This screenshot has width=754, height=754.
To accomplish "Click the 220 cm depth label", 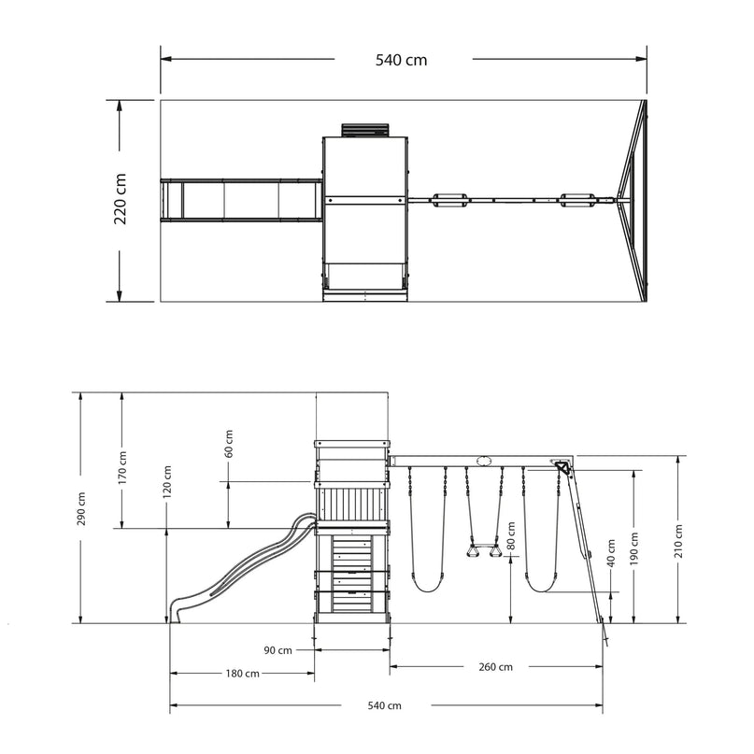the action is tap(121, 199).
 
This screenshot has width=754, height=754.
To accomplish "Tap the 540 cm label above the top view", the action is tap(401, 60).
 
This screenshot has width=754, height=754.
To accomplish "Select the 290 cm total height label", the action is tap(81, 509).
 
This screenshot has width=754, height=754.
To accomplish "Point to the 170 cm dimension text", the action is tap(122, 467).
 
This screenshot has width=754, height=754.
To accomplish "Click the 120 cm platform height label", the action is tap(167, 482).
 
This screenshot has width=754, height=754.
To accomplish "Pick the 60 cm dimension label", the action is tap(229, 444).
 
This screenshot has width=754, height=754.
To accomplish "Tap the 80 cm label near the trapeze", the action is tap(511, 535).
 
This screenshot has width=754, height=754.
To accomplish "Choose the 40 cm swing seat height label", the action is tap(611, 553).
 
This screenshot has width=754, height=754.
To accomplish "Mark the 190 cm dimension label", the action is tap(633, 548).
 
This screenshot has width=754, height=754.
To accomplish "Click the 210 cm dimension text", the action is tap(678, 541).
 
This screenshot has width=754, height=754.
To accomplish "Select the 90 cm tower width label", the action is tap(277, 650).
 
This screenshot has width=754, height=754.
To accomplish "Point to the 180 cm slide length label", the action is tap(242, 674).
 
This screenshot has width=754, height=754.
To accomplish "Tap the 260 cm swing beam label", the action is tap(495, 667).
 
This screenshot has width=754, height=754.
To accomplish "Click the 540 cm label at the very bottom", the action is tap(384, 705).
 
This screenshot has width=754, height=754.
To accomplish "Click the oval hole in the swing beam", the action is tap(484, 462).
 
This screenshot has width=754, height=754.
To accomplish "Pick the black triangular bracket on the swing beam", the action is tap(562, 468).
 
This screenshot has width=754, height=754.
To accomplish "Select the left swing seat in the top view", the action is tap(449, 200).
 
